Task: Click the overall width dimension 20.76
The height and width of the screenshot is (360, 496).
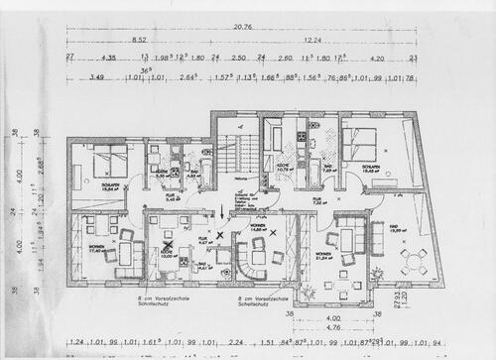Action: tap(248, 29)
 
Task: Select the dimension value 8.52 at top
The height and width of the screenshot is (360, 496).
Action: tap(139, 42)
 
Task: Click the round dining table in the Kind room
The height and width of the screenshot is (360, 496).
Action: tap(411, 261)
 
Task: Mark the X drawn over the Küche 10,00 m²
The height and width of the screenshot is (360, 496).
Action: tap(170, 242)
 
